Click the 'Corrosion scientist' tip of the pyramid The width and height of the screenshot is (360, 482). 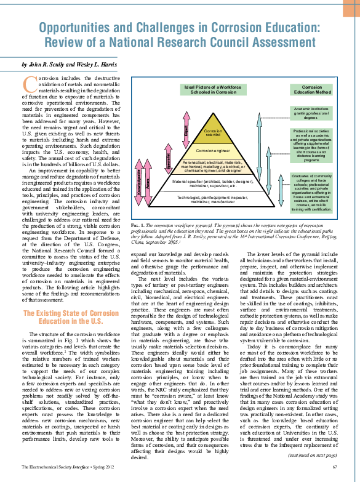pos(212,132)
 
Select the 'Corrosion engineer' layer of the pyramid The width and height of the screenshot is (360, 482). pos(212,150)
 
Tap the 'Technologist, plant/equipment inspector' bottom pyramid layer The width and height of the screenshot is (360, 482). pos(212,198)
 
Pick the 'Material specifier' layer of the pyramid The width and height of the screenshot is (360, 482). pos(212,183)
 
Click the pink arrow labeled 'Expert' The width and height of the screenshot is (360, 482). pos(185,131)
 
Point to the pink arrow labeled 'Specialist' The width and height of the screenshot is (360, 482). pos(168,163)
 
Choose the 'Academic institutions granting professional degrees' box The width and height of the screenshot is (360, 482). pos(312,112)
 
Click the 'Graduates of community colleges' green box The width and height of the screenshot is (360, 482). pos(312,193)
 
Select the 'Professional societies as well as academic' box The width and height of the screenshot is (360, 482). pos(312,146)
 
